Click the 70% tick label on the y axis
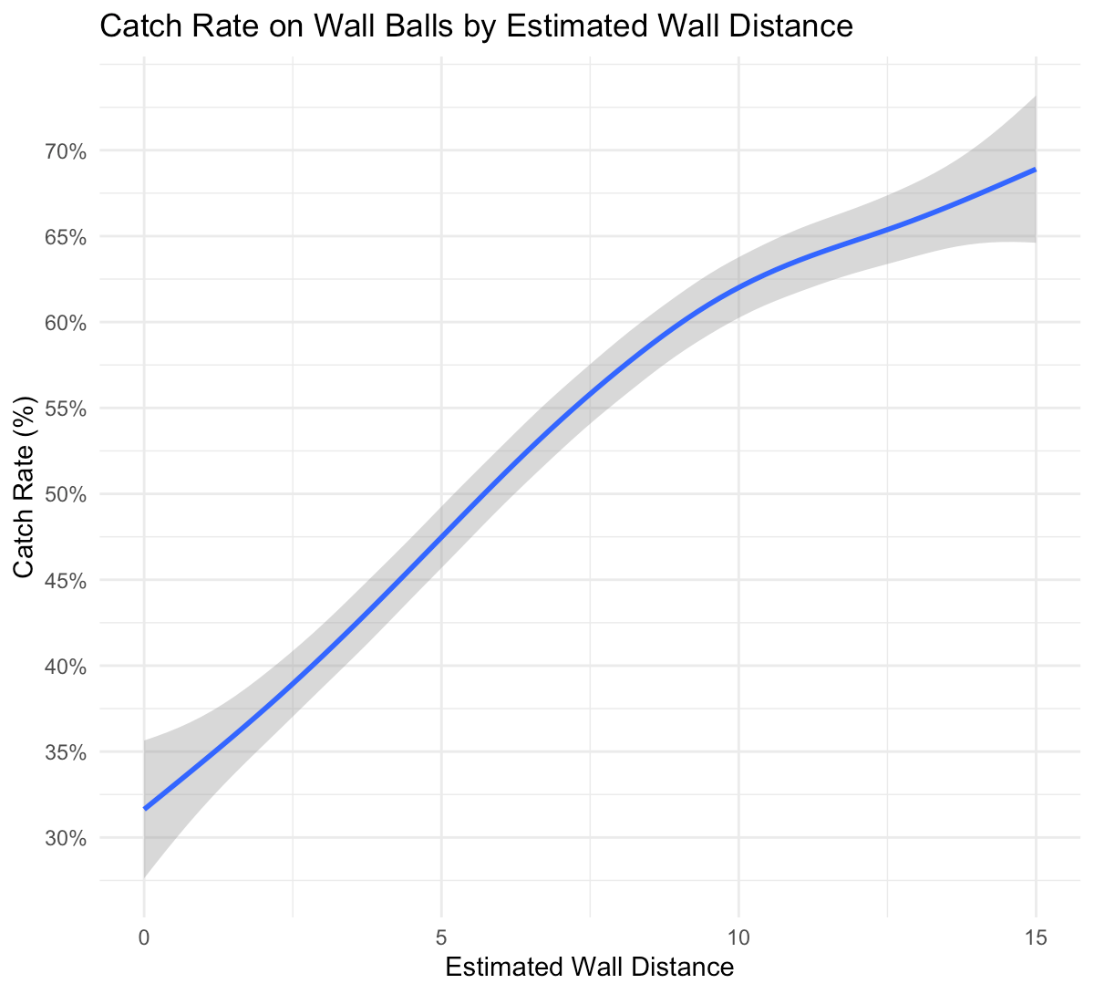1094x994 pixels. (x=67, y=150)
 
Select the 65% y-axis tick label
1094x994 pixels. (x=67, y=237)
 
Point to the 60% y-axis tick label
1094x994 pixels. (x=67, y=323)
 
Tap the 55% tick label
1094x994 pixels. (x=67, y=409)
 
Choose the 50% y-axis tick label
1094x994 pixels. (x=67, y=495)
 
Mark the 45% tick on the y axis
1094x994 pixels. (x=67, y=581)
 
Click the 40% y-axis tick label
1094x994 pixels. (x=67, y=667)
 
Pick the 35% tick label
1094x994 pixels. (x=67, y=753)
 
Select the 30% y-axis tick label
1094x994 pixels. (x=67, y=839)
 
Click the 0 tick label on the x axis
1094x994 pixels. (x=144, y=937)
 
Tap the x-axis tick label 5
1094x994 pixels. (x=441, y=937)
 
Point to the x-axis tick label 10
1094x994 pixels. (x=738, y=937)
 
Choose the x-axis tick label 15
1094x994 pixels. (x=1036, y=937)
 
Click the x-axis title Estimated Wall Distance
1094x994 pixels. (x=589, y=968)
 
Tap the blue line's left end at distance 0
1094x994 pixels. (x=145, y=808)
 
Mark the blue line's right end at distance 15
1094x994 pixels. (x=1035, y=170)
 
